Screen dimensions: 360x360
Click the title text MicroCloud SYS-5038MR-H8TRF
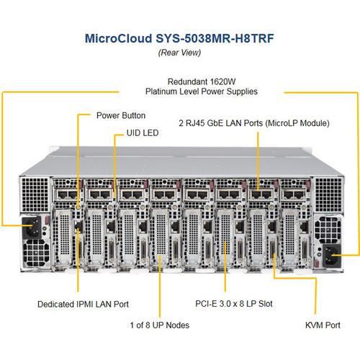180,38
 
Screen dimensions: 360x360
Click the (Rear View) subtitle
180,53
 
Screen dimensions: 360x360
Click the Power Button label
120,115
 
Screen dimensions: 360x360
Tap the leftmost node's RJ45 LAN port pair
65,194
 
